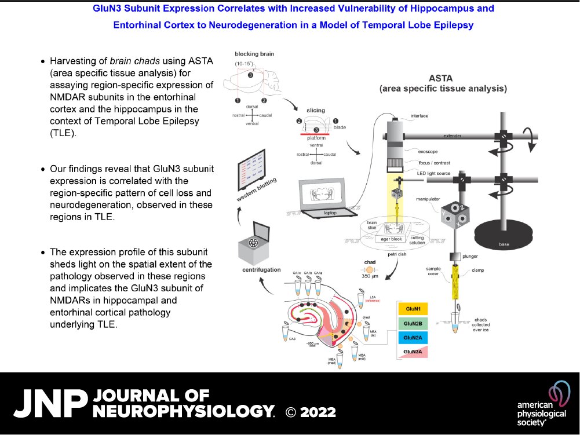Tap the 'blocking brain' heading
tap(255, 54)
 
